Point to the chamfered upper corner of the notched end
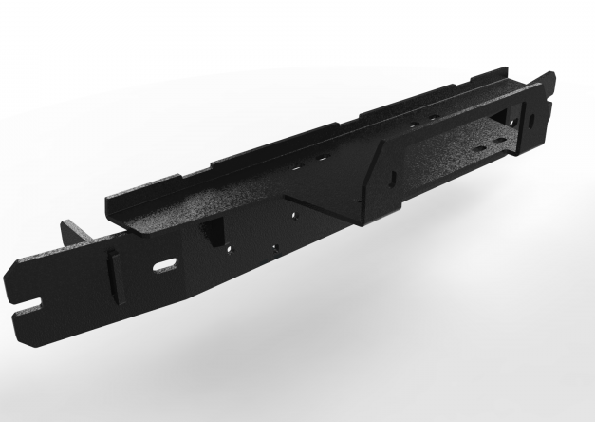pos(21,266)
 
